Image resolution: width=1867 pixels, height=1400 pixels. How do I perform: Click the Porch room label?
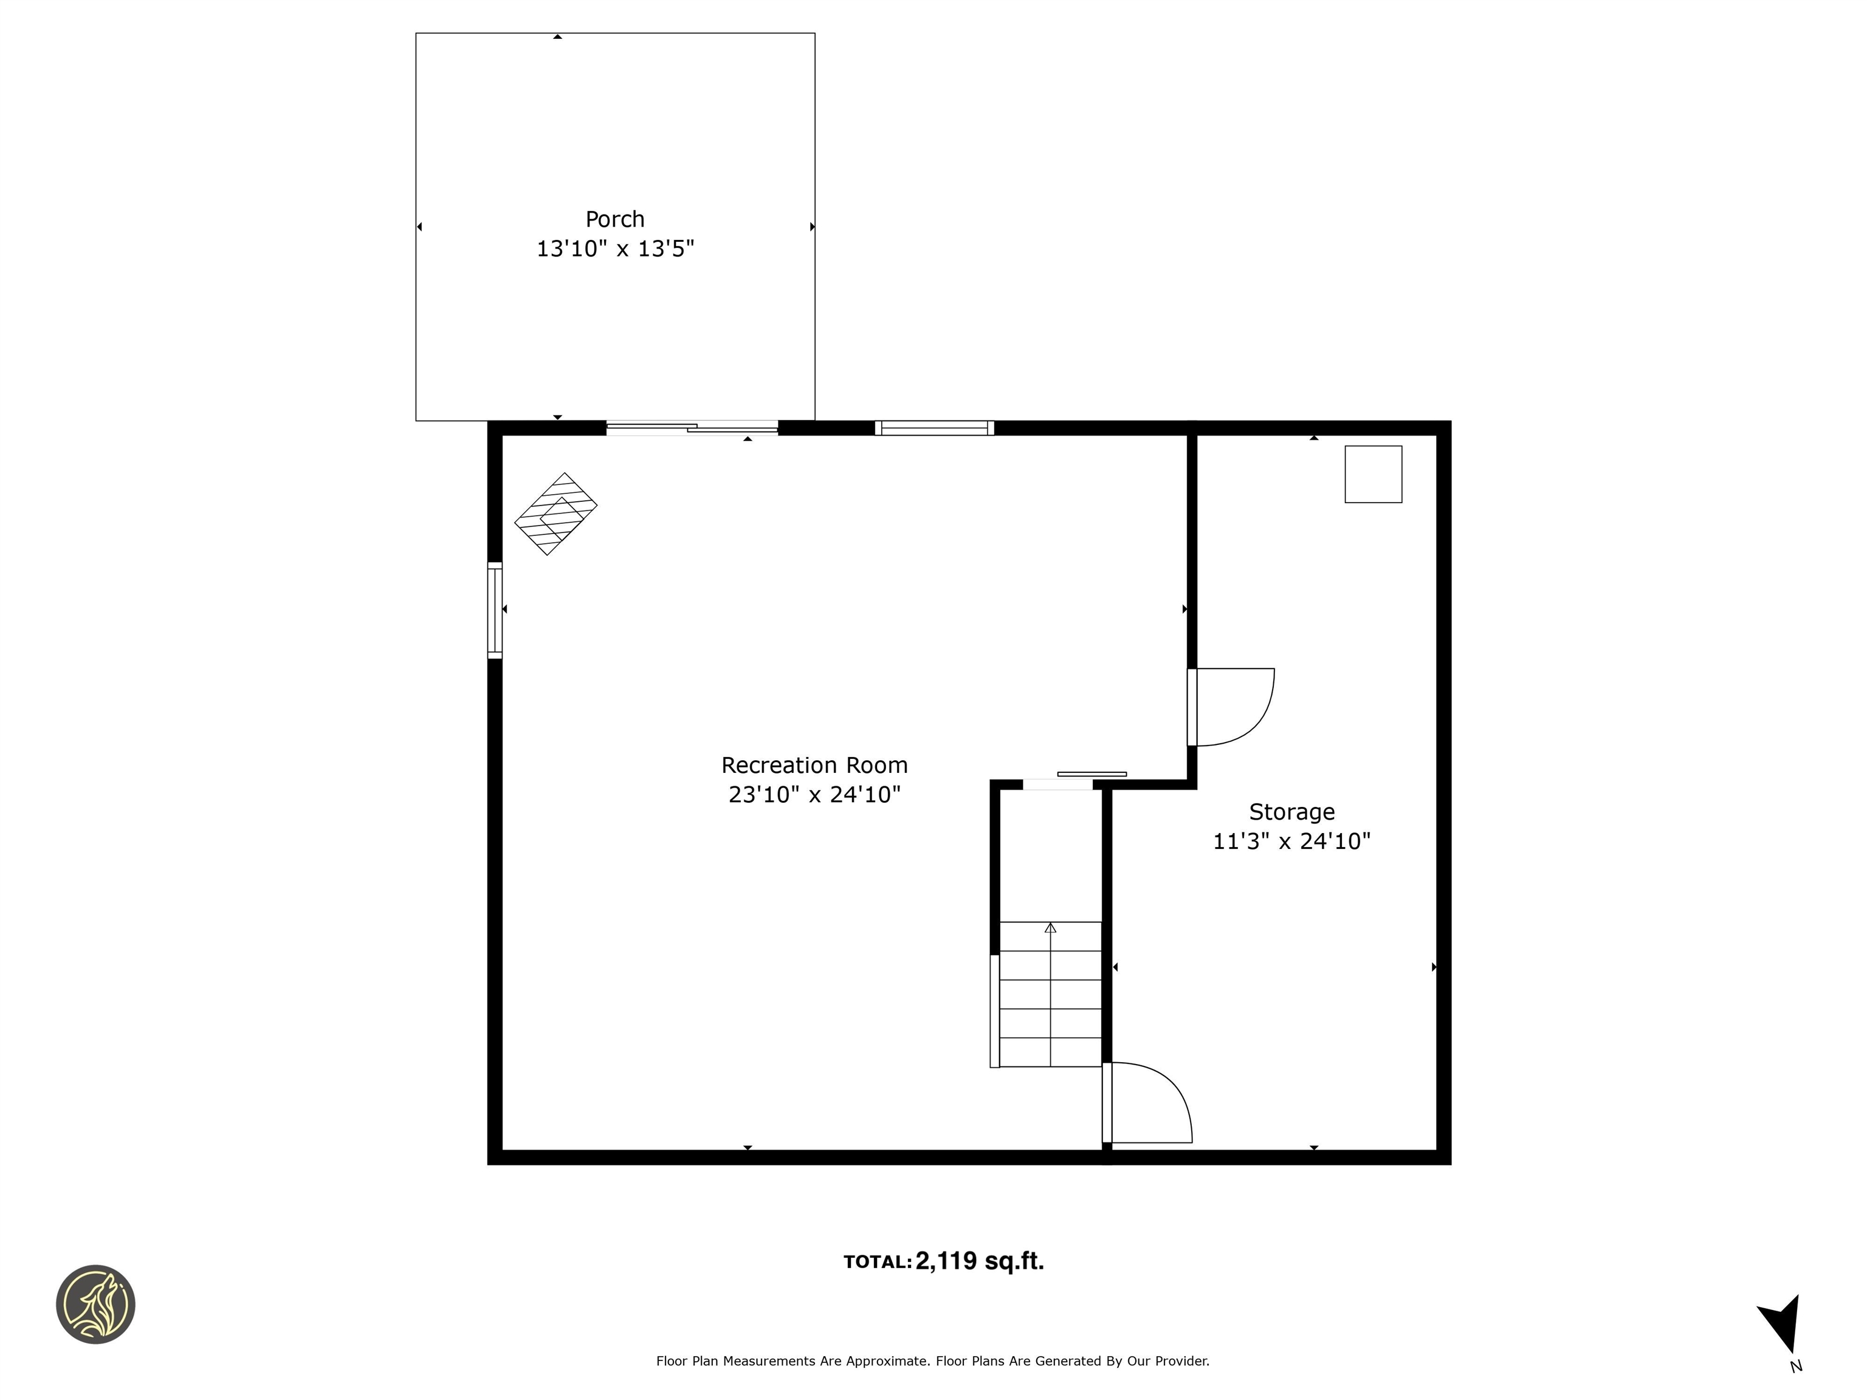(614, 219)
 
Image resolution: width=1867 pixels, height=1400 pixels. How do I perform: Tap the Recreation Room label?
(814, 766)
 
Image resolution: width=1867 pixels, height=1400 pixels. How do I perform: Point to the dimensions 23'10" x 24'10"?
(814, 795)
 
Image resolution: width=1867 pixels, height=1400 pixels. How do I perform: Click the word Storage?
(1291, 812)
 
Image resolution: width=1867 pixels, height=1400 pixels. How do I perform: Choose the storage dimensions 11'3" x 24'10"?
(1291, 842)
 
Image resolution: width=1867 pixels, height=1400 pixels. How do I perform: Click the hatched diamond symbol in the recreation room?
(555, 514)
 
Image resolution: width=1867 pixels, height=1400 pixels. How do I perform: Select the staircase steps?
(1050, 1009)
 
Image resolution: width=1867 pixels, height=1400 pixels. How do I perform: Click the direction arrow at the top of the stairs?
(1050, 928)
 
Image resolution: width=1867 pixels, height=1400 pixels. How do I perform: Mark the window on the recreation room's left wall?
(495, 610)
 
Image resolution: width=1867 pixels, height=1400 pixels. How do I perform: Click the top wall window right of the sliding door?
(933, 428)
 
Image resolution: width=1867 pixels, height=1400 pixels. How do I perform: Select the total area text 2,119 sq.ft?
(979, 1261)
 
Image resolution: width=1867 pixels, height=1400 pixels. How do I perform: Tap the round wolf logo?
(95, 1304)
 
